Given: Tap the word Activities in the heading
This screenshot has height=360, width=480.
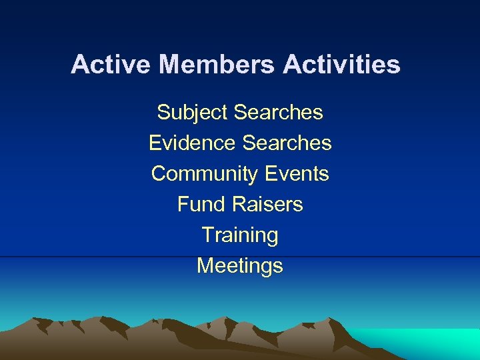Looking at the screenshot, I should pos(341,65).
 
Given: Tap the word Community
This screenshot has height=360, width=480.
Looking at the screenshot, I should pos(205,174).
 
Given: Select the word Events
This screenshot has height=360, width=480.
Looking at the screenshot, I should pos(297,173).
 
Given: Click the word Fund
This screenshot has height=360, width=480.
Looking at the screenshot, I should pos(198,204).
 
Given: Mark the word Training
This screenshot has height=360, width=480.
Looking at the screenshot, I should pos(240,235).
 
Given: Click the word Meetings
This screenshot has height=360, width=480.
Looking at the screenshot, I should pos(240,266).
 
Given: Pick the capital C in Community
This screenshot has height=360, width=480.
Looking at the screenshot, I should pos(159,173).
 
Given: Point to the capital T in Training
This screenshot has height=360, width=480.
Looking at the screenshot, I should pos(208,235).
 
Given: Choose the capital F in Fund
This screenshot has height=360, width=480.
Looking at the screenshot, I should pos(183,204).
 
